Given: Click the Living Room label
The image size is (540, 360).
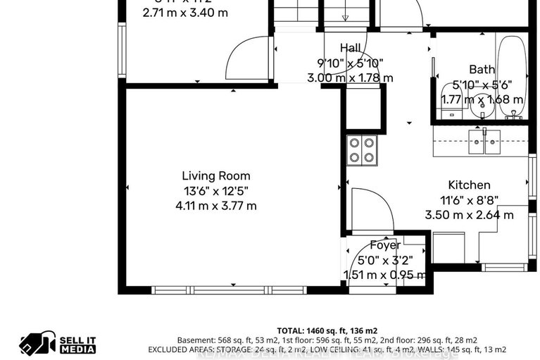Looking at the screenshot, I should (215, 175).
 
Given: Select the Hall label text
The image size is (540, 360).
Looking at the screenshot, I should (350, 48).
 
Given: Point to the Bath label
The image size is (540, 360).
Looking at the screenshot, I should (482, 69).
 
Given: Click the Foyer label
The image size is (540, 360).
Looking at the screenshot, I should (385, 245).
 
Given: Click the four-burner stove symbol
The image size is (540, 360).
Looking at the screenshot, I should (362, 150).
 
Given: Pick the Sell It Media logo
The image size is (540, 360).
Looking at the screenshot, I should (58, 344).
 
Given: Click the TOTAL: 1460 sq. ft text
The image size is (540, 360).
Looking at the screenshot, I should (327, 330).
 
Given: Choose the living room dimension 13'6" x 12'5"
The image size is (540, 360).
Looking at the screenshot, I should (215, 190).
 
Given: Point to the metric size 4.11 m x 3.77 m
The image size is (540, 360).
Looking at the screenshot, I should (215, 206).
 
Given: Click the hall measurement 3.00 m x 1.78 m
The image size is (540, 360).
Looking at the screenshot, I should (350, 78).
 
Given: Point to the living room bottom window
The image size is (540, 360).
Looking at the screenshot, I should (229, 290).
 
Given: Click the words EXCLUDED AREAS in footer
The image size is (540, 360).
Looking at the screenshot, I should (180, 349).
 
